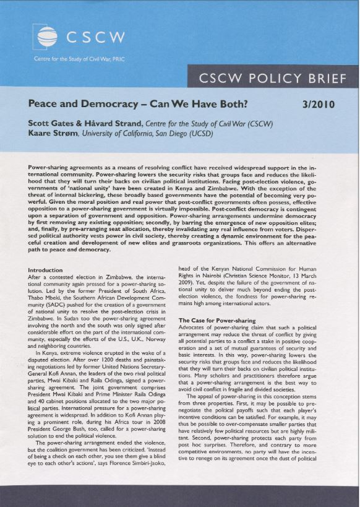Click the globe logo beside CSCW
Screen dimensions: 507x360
(48, 38)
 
